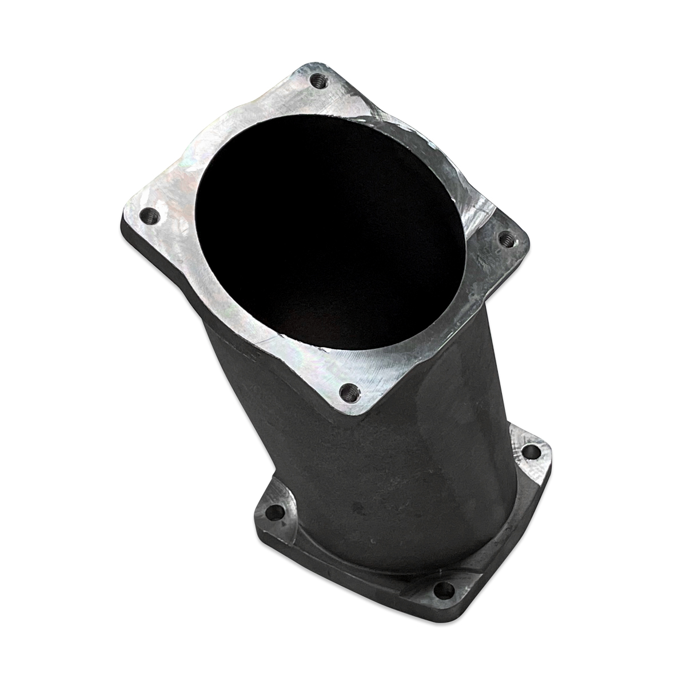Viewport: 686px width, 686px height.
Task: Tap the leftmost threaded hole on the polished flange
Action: click(x=150, y=216)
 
